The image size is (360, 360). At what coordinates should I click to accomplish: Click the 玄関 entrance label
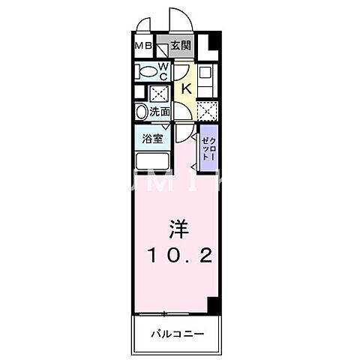(x=180, y=46)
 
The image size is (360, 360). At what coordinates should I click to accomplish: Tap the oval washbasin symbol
(x=141, y=112)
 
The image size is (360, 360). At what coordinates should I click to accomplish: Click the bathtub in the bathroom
(x=154, y=161)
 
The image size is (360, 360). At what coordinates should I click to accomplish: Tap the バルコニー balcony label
(x=178, y=331)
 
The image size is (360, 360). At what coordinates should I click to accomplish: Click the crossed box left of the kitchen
(x=159, y=93)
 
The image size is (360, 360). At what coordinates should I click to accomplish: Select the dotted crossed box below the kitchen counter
(x=208, y=109)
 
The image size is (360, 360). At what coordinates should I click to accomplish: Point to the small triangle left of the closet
(x=194, y=158)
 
